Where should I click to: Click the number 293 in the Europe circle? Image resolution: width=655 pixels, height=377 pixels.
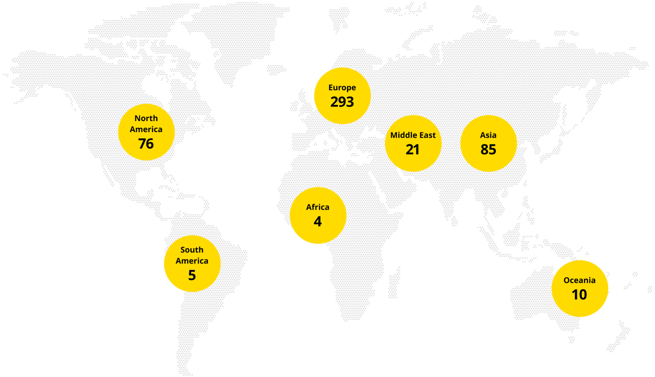point(342,102)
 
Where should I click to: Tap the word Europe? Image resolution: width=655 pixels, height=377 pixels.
point(342,88)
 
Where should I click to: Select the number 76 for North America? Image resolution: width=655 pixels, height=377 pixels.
point(146,143)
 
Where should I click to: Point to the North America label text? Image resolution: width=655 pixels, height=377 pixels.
point(146,124)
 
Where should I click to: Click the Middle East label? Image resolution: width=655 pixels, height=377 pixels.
point(413,135)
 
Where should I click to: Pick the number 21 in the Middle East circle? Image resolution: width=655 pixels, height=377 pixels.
point(413,149)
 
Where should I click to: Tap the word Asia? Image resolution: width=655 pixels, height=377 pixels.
point(488,135)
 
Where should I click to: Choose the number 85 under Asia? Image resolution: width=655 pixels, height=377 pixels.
point(488,149)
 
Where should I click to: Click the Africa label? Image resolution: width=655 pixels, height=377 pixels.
point(318,207)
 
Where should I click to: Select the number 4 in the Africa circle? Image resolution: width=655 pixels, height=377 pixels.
point(318,221)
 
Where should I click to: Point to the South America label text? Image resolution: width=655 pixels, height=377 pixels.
point(192,255)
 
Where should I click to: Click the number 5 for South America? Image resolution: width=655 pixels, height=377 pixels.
point(192,275)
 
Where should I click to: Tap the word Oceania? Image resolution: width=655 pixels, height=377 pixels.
point(579,281)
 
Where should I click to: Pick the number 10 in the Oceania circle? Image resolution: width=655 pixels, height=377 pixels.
point(579,295)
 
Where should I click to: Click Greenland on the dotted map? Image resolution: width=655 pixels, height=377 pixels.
point(225,37)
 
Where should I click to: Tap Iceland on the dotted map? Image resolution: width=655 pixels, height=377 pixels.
point(276,69)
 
